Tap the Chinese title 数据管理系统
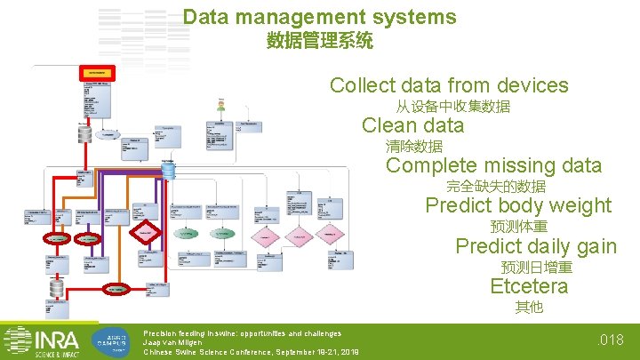(319, 41)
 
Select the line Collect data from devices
(449, 85)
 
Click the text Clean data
(412, 125)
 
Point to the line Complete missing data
(493, 165)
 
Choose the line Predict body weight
(518, 205)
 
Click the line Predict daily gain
(536, 245)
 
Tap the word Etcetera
(529, 285)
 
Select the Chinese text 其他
(529, 308)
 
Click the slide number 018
(613, 339)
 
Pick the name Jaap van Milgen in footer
(172, 342)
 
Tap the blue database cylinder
(168, 169)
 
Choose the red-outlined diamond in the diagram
(145, 233)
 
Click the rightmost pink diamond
(329, 234)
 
